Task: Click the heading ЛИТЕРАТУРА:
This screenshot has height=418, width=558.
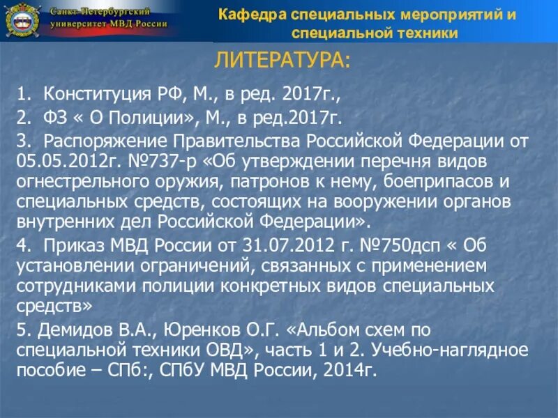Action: click(x=282, y=61)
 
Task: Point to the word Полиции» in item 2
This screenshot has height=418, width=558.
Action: click(x=114, y=118)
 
